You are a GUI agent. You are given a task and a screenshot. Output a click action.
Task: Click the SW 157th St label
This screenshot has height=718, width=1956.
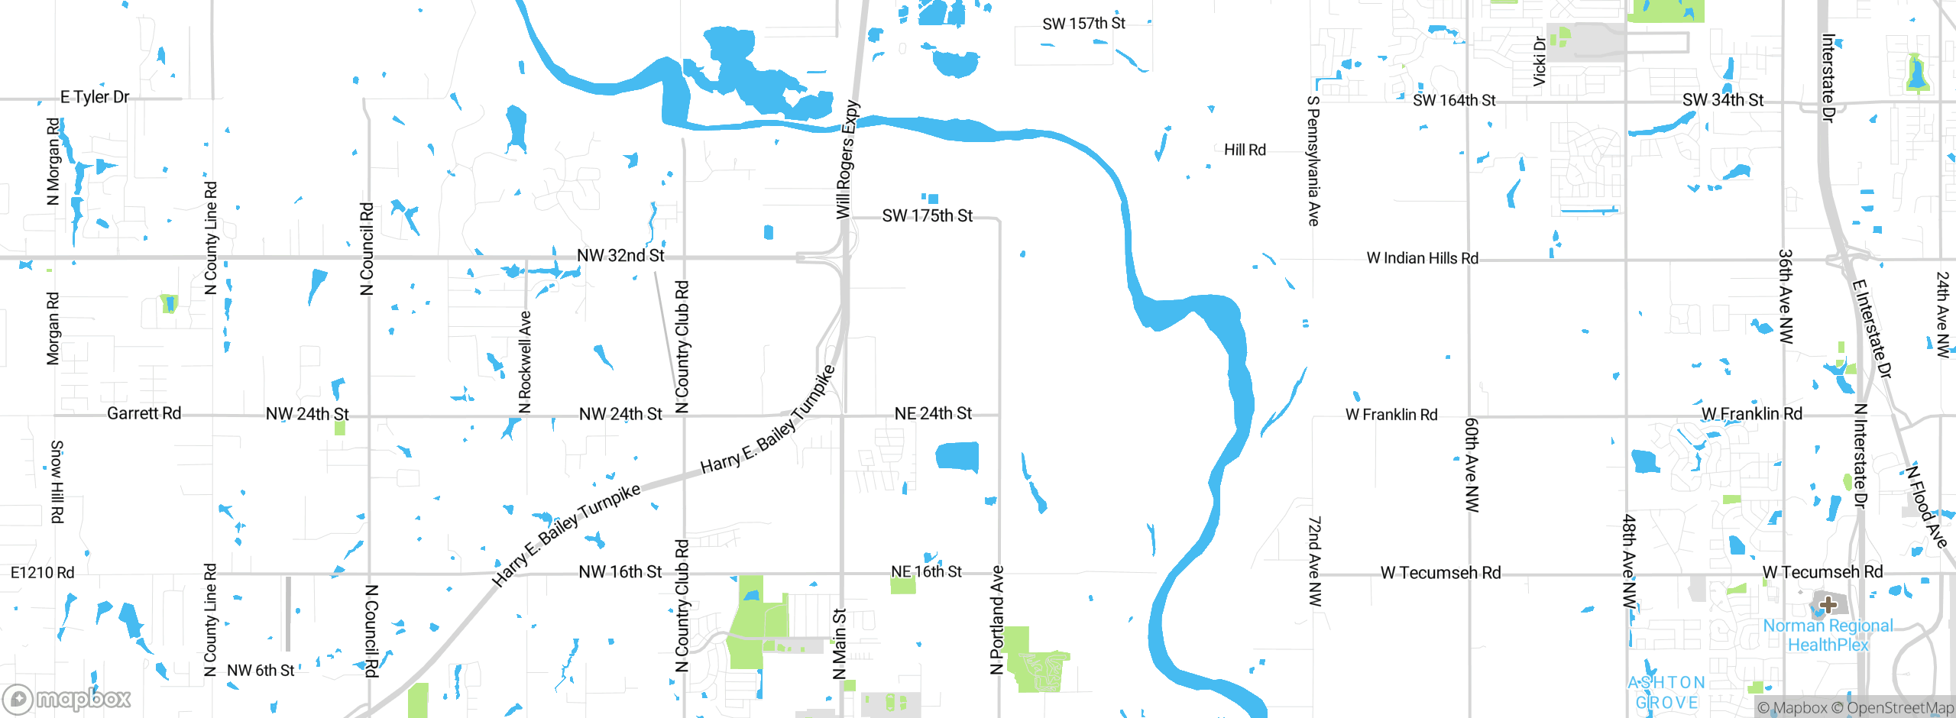pyautogui.click(x=1083, y=24)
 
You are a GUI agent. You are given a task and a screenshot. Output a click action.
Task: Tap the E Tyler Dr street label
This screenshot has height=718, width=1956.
pyautogui.click(x=95, y=97)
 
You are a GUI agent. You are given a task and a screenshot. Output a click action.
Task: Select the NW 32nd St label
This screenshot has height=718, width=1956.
pyautogui.click(x=620, y=255)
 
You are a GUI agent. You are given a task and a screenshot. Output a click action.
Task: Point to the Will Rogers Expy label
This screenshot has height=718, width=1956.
pyautogui.click(x=847, y=160)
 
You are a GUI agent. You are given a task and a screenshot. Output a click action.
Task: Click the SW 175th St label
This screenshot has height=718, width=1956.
pyautogui.click(x=927, y=216)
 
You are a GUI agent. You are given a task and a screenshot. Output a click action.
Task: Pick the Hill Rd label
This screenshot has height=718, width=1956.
pyautogui.click(x=1245, y=150)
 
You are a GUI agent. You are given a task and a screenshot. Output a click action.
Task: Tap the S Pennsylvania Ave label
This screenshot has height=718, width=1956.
pyautogui.click(x=1313, y=160)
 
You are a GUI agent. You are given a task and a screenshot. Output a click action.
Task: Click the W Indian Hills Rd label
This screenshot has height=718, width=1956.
pyautogui.click(x=1422, y=258)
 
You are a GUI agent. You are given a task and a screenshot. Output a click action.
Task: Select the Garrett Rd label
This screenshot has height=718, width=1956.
pyautogui.click(x=144, y=413)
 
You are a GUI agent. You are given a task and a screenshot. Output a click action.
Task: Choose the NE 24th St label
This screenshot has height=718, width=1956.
pyautogui.click(x=933, y=413)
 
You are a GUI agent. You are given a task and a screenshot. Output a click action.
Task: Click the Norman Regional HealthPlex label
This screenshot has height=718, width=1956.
pyautogui.click(x=1828, y=636)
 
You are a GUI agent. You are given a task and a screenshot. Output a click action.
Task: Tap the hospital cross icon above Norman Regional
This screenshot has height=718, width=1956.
pyautogui.click(x=1828, y=605)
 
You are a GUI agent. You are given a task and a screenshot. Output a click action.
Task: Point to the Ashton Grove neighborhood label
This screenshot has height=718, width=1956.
pyautogui.click(x=1666, y=693)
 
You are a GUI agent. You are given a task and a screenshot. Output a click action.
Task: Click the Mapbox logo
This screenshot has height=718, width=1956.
pyautogui.click(x=67, y=698)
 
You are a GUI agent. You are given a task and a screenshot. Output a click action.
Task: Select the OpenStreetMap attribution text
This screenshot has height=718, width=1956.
pyautogui.click(x=1899, y=708)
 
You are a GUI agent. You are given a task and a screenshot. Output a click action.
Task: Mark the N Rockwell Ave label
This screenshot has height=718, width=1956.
pyautogui.click(x=525, y=362)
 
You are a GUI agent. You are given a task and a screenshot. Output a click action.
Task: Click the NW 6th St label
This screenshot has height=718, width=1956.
pyautogui.click(x=261, y=671)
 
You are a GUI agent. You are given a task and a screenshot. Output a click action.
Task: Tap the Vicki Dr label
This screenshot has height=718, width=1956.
pyautogui.click(x=1540, y=61)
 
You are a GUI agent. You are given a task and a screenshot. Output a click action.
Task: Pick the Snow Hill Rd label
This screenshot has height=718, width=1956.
pyautogui.click(x=57, y=481)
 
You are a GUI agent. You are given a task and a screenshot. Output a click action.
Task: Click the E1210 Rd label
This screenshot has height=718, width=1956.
pyautogui.click(x=43, y=573)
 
